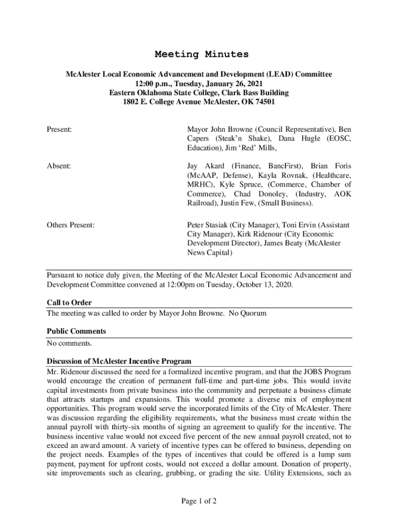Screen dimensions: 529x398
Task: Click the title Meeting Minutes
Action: pyautogui.click(x=202, y=54)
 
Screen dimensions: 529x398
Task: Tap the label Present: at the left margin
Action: pyautogui.click(x=59, y=129)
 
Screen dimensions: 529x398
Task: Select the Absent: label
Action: pyautogui.click(x=59, y=166)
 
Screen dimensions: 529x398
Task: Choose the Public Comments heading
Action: pyautogui.click(x=76, y=331)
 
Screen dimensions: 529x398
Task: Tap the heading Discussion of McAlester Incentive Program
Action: pyautogui.click(x=119, y=361)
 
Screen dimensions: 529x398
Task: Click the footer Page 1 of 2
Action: pyautogui.click(x=198, y=501)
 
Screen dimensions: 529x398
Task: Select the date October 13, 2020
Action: pyautogui.click(x=262, y=285)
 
